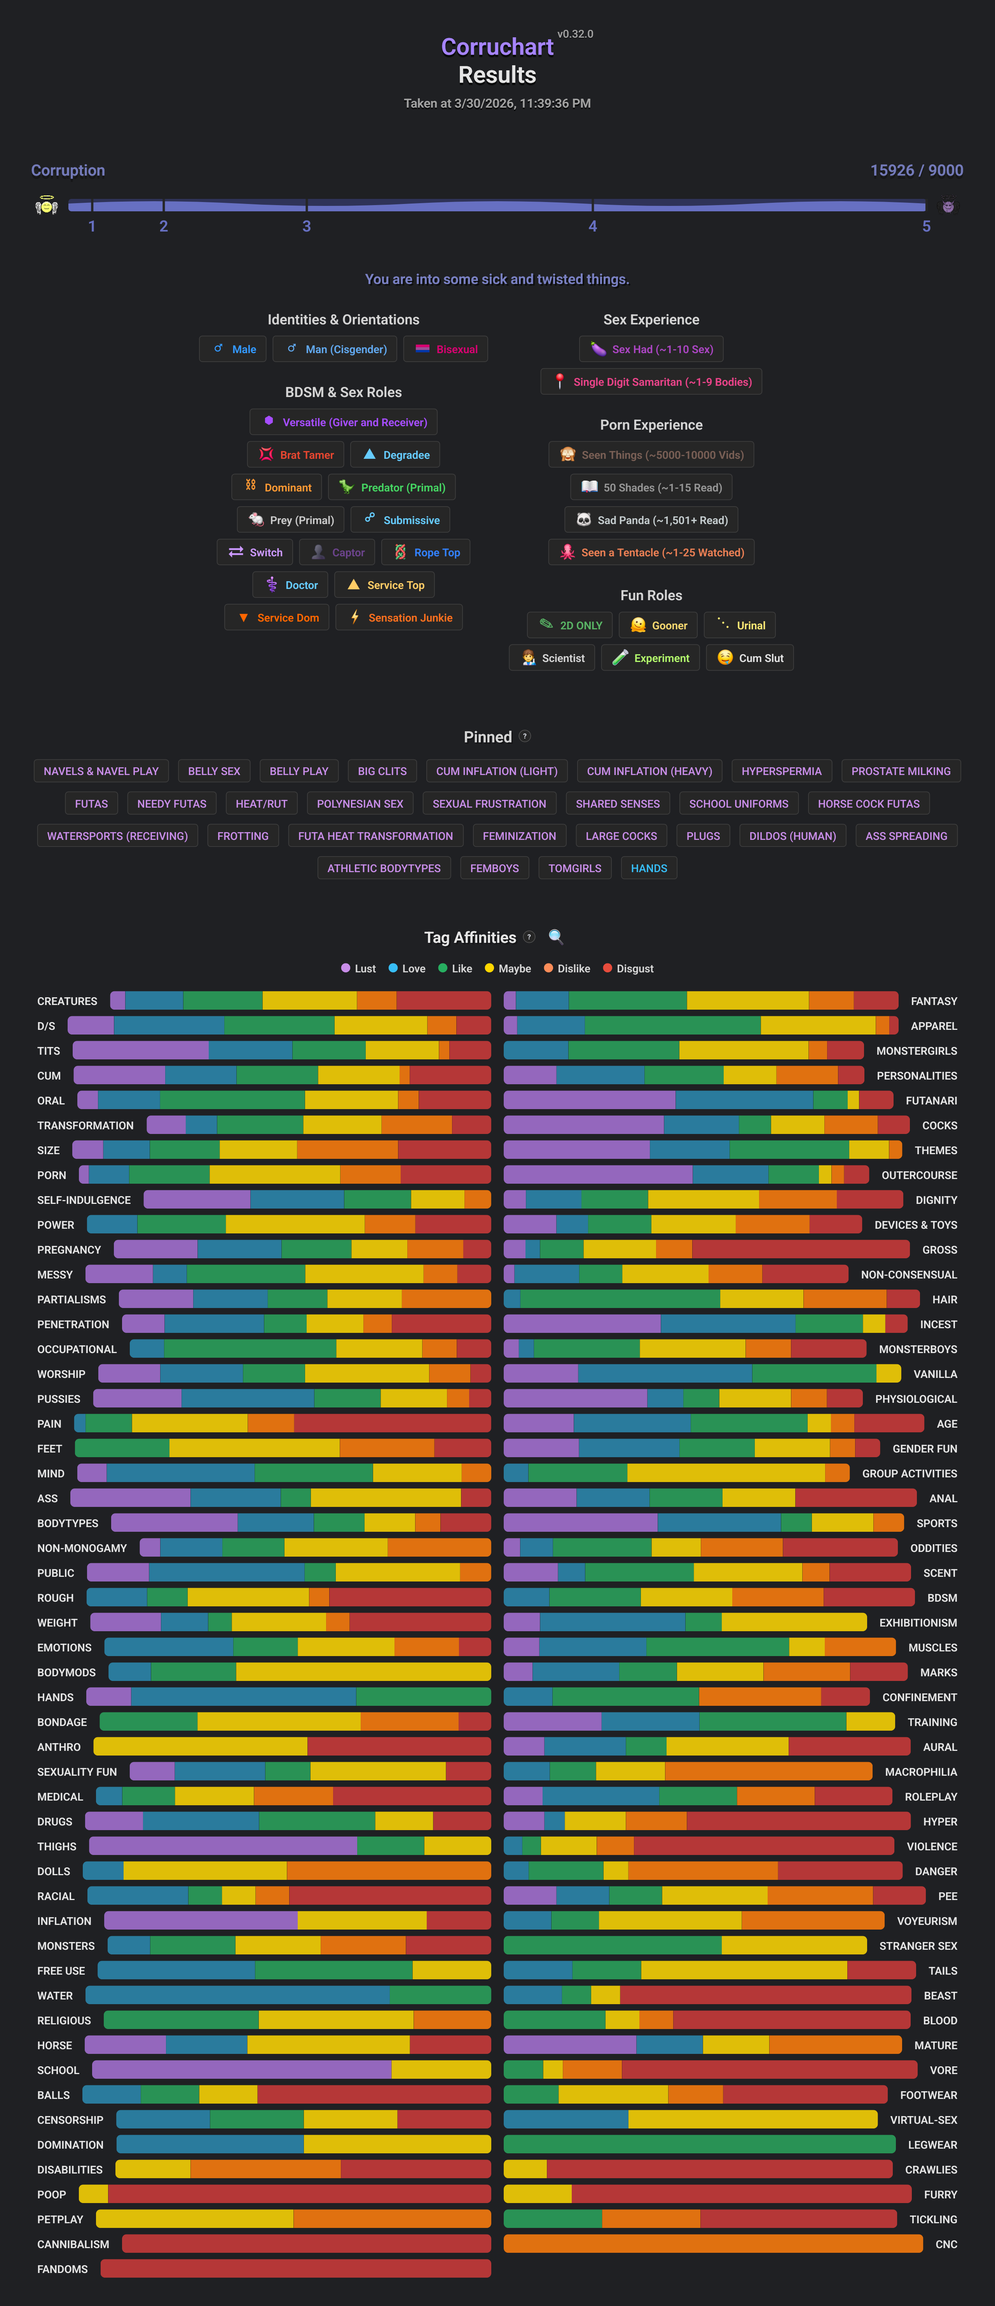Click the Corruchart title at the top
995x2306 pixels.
[x=497, y=47]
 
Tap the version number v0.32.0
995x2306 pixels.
[x=575, y=34]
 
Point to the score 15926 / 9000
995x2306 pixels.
[x=916, y=170]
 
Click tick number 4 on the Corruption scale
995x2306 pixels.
[x=592, y=226]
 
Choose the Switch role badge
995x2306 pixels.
[x=255, y=552]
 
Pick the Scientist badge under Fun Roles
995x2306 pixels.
[x=553, y=658]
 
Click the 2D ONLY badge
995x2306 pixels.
[x=571, y=625]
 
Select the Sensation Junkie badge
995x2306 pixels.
[x=400, y=618]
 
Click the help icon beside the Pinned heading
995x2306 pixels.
[x=525, y=736]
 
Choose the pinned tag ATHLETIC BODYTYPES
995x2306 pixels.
[x=383, y=868]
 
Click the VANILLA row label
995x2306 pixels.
[x=935, y=1374]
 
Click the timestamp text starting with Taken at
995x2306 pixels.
[x=497, y=103]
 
